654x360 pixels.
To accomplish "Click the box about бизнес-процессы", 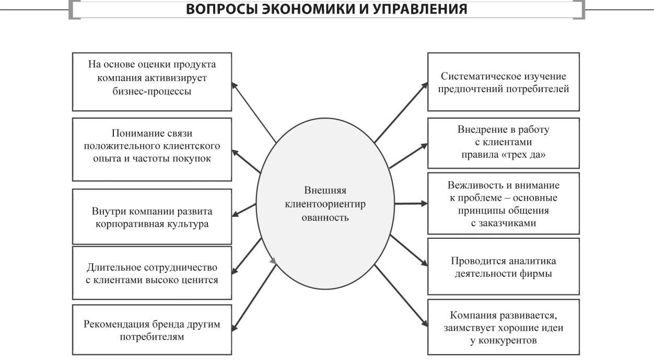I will pyautogui.click(x=151, y=81).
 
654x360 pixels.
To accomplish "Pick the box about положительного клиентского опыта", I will pyautogui.click(x=151, y=149).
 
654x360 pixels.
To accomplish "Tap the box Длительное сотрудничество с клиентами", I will pyautogui.click(x=151, y=273).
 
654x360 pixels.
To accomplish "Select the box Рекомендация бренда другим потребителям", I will pyautogui.click(x=151, y=330).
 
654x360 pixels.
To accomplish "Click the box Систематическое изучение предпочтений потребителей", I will pyautogui.click(x=503, y=82).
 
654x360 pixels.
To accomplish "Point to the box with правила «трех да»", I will pyautogui.click(x=503, y=142).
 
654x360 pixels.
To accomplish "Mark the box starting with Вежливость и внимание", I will pyautogui.click(x=503, y=204).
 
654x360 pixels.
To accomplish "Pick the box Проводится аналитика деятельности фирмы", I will pyautogui.click(x=503, y=266).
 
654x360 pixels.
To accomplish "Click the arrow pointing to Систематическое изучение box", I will pyautogui.click(x=401, y=112).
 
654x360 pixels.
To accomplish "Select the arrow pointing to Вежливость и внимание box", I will pyautogui.click(x=409, y=203).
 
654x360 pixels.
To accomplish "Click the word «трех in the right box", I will pyautogui.click(x=512, y=155).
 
